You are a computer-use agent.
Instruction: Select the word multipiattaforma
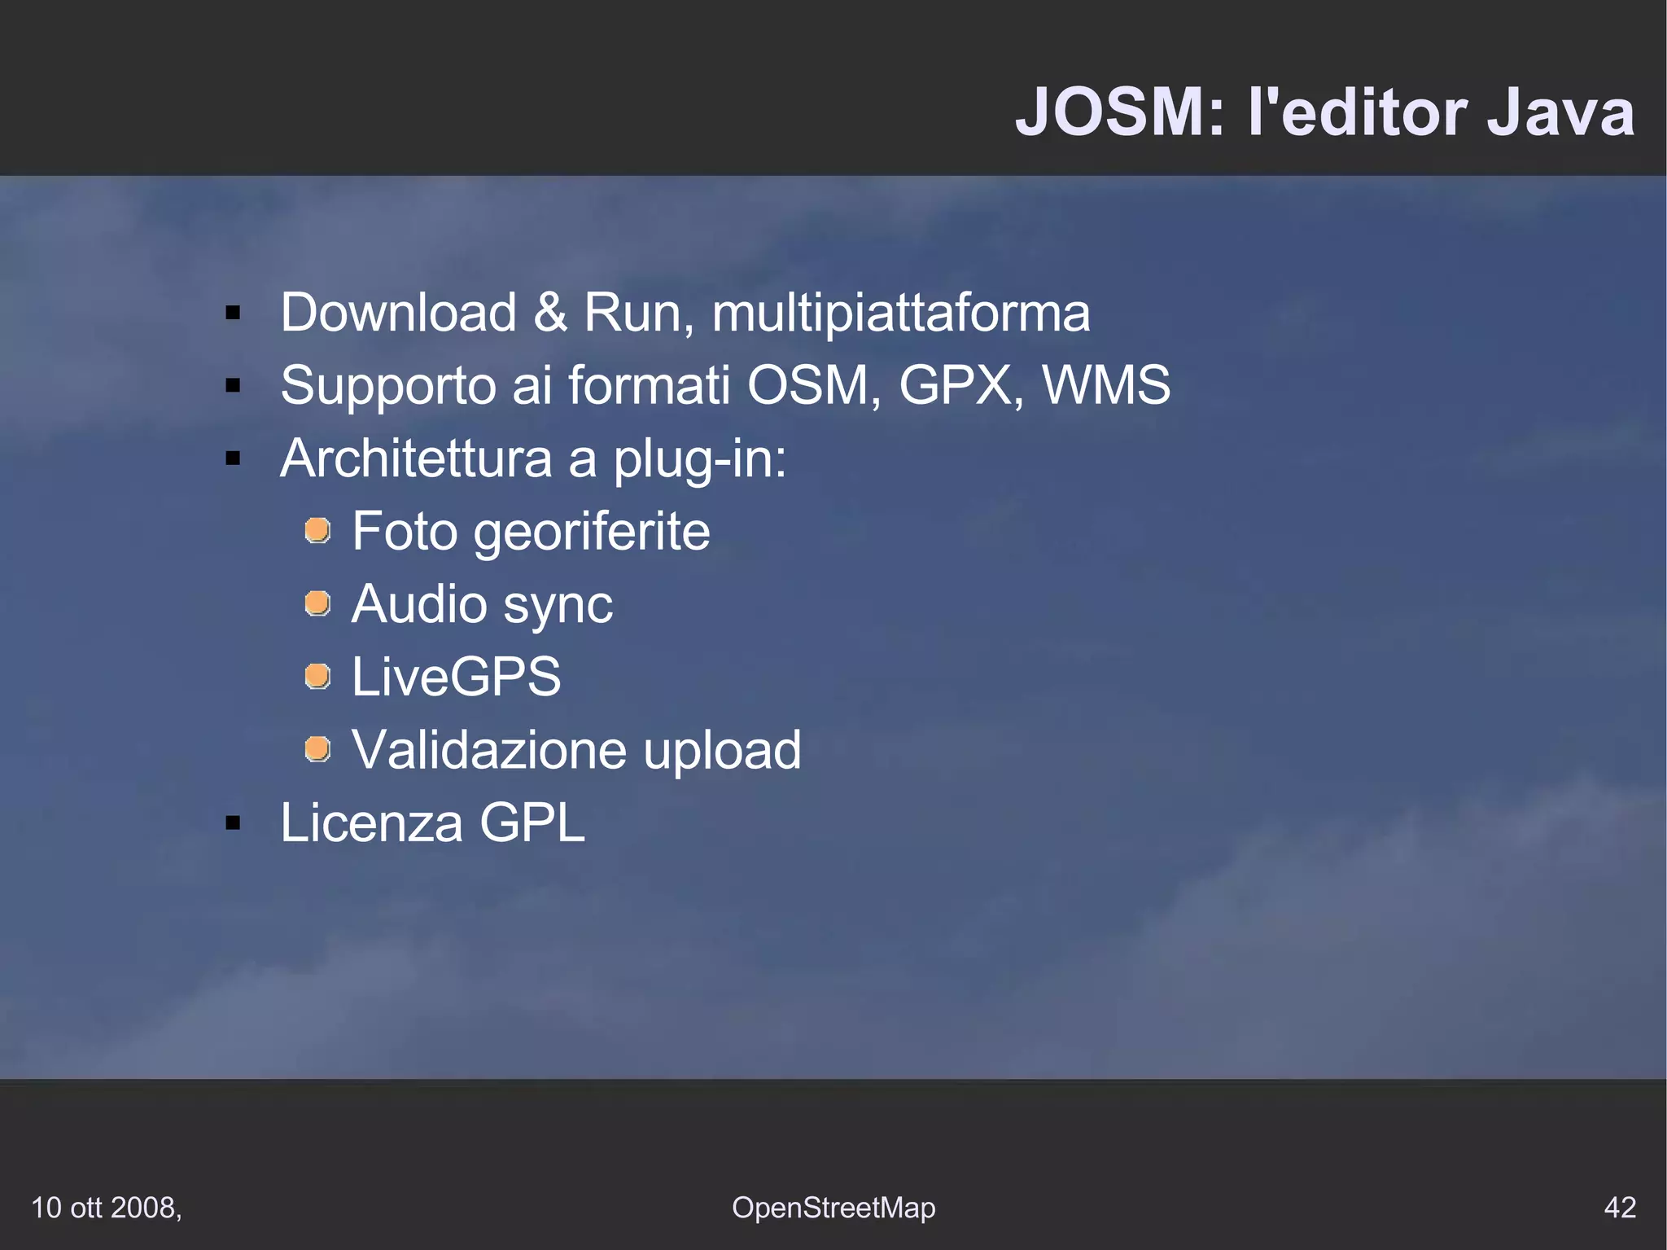coord(900,314)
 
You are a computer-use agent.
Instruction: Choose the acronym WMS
coord(1105,384)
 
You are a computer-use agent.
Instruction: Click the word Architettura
coord(416,458)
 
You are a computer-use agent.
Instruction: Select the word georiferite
coord(592,533)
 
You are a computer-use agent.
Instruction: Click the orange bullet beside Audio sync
coord(317,603)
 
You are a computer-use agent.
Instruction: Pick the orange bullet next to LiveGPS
coord(317,676)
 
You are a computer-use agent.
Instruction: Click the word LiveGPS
coord(456,677)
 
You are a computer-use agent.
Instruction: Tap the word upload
coord(722,751)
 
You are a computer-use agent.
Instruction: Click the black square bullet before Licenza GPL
coord(234,823)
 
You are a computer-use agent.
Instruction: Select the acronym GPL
coord(532,822)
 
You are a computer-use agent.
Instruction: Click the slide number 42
coord(1619,1207)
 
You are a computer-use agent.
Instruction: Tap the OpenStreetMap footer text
coord(833,1208)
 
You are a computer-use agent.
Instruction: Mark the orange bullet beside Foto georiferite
coord(317,531)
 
